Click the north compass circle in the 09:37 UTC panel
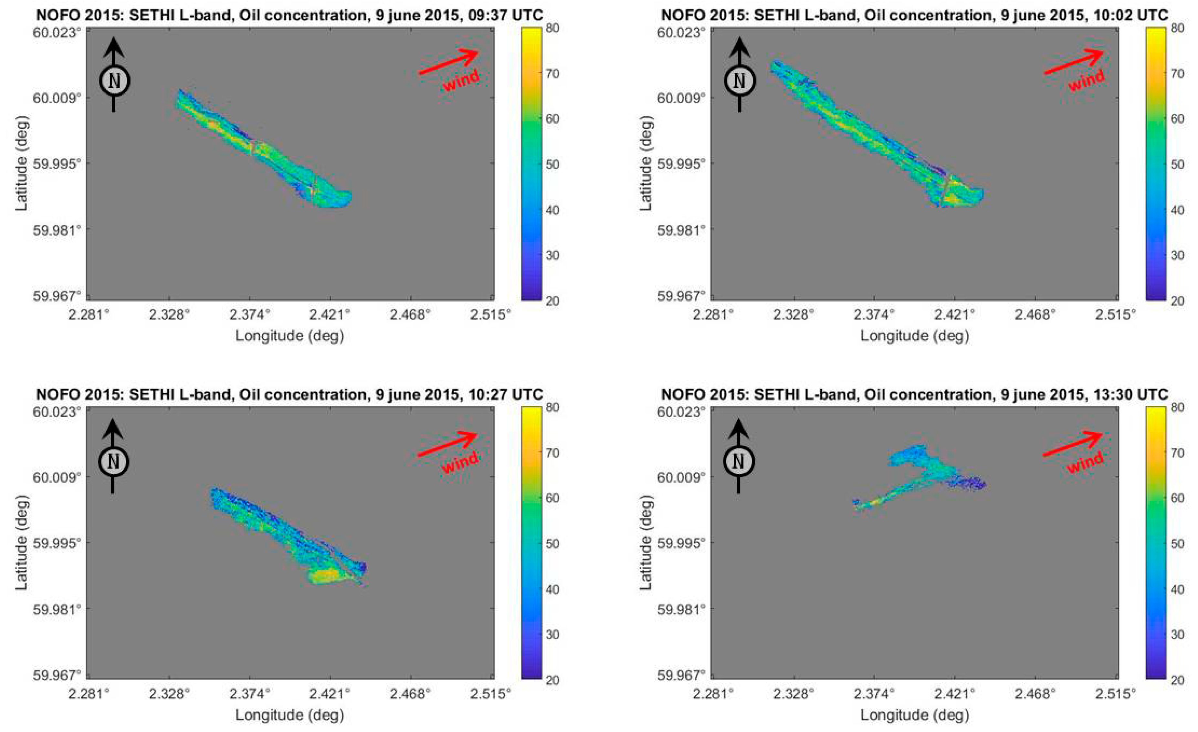114,81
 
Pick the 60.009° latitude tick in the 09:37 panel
56,98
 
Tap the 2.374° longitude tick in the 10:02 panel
874,315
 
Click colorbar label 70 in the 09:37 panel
552,73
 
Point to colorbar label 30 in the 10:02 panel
1177,255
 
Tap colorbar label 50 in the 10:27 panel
552,543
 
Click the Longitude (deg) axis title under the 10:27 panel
290,715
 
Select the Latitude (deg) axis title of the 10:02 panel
645,163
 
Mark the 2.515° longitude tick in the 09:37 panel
490,315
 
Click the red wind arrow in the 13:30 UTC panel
1073,444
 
